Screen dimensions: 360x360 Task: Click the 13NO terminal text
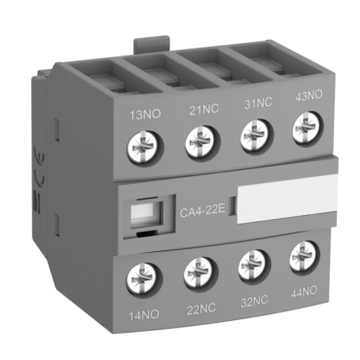coord(145,115)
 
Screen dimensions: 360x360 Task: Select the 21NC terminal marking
coord(204,110)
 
